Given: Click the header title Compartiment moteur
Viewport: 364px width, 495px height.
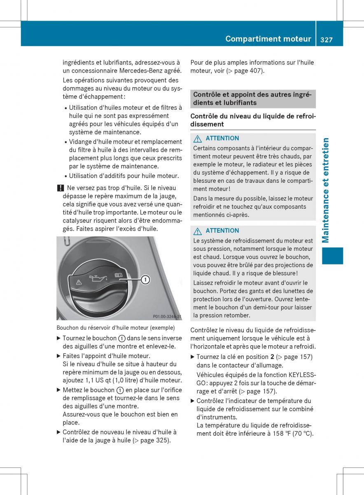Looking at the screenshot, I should tap(268, 39).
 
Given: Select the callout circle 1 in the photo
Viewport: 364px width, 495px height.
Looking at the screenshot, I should tap(145, 280).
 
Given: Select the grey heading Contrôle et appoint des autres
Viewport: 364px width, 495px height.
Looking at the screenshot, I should tap(252, 99).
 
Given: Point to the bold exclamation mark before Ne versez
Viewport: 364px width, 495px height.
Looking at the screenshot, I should tap(60, 188).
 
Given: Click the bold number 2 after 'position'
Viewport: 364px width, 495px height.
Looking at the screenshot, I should tap(272, 357).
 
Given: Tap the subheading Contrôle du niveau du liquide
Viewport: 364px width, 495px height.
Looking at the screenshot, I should tap(252, 120).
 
